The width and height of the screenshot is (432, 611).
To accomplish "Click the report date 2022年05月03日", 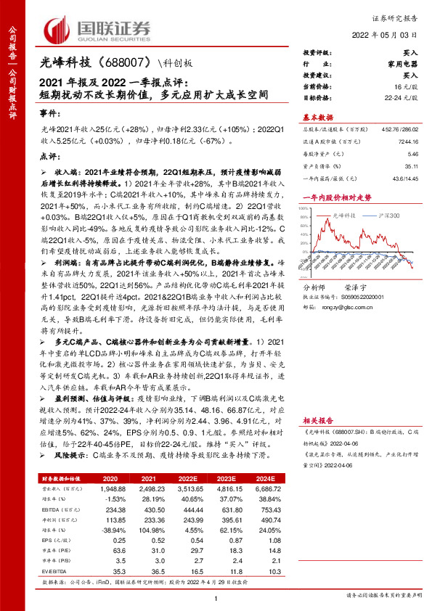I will click(x=388, y=34).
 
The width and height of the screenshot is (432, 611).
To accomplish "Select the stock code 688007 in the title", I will click(x=125, y=63).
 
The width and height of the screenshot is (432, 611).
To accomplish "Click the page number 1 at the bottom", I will click(x=216, y=596).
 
